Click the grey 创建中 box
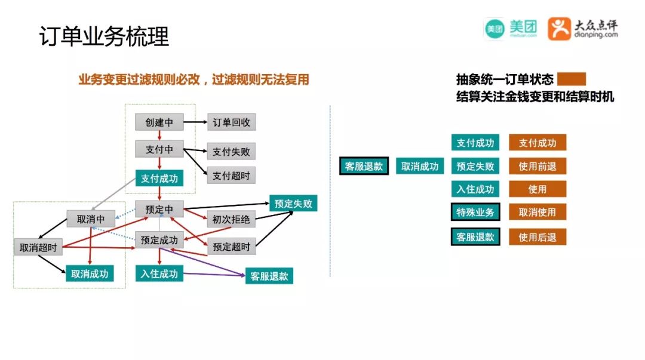(x=159, y=122)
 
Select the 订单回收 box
(x=232, y=123)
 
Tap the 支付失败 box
(x=231, y=152)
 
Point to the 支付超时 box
(x=231, y=175)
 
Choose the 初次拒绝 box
(x=231, y=219)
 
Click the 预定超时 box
(x=231, y=245)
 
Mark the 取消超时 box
(x=38, y=247)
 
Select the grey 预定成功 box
(x=159, y=240)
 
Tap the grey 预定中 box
(x=159, y=210)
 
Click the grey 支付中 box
(x=159, y=149)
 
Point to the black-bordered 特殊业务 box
(x=475, y=212)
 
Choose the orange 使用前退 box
(x=537, y=167)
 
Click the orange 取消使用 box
(x=537, y=212)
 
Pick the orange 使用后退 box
(x=537, y=237)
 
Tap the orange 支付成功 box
(x=537, y=143)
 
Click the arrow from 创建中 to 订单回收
(x=195, y=122)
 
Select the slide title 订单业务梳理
(x=105, y=37)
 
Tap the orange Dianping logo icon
(x=560, y=28)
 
